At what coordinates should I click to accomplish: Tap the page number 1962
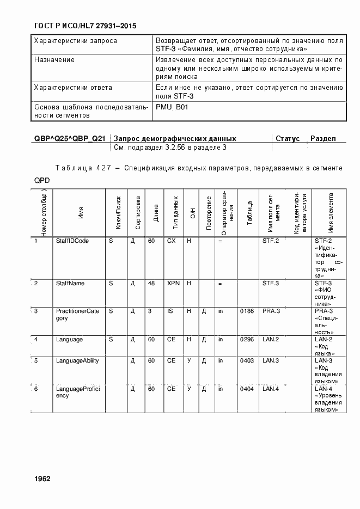tap(42, 479)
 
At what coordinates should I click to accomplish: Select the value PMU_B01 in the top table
tap(172, 107)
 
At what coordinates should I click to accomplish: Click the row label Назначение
tap(54, 60)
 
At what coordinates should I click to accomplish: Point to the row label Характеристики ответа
tap(73, 87)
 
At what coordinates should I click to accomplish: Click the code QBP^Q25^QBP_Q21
tap(69, 139)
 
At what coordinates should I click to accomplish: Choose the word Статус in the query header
tap(288, 139)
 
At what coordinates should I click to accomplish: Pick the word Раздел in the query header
tap(323, 139)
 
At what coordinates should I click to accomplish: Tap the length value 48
tap(151, 283)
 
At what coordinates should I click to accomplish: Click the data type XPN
tap(173, 283)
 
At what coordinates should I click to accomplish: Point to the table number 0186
tap(247, 311)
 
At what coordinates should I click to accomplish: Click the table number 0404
tap(247, 389)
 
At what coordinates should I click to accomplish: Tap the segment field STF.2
tap(271, 240)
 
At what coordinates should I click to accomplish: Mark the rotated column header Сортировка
tap(138, 212)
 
